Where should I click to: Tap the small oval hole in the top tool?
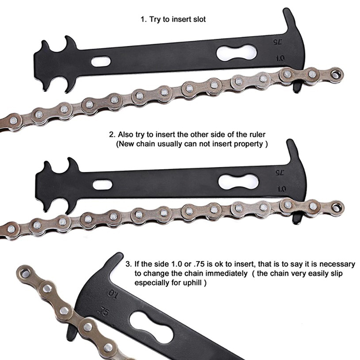(101, 62)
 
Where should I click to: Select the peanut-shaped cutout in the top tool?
(237, 53)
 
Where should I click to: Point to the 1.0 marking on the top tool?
(280, 58)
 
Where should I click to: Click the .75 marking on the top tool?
(278, 42)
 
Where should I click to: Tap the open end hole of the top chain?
(336, 74)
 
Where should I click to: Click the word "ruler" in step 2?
(257, 134)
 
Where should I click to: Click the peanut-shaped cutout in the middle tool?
(238, 182)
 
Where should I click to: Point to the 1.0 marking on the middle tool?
(282, 189)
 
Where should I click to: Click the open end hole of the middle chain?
(337, 205)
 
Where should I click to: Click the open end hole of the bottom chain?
(25, 273)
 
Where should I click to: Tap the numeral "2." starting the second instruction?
(112, 135)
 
